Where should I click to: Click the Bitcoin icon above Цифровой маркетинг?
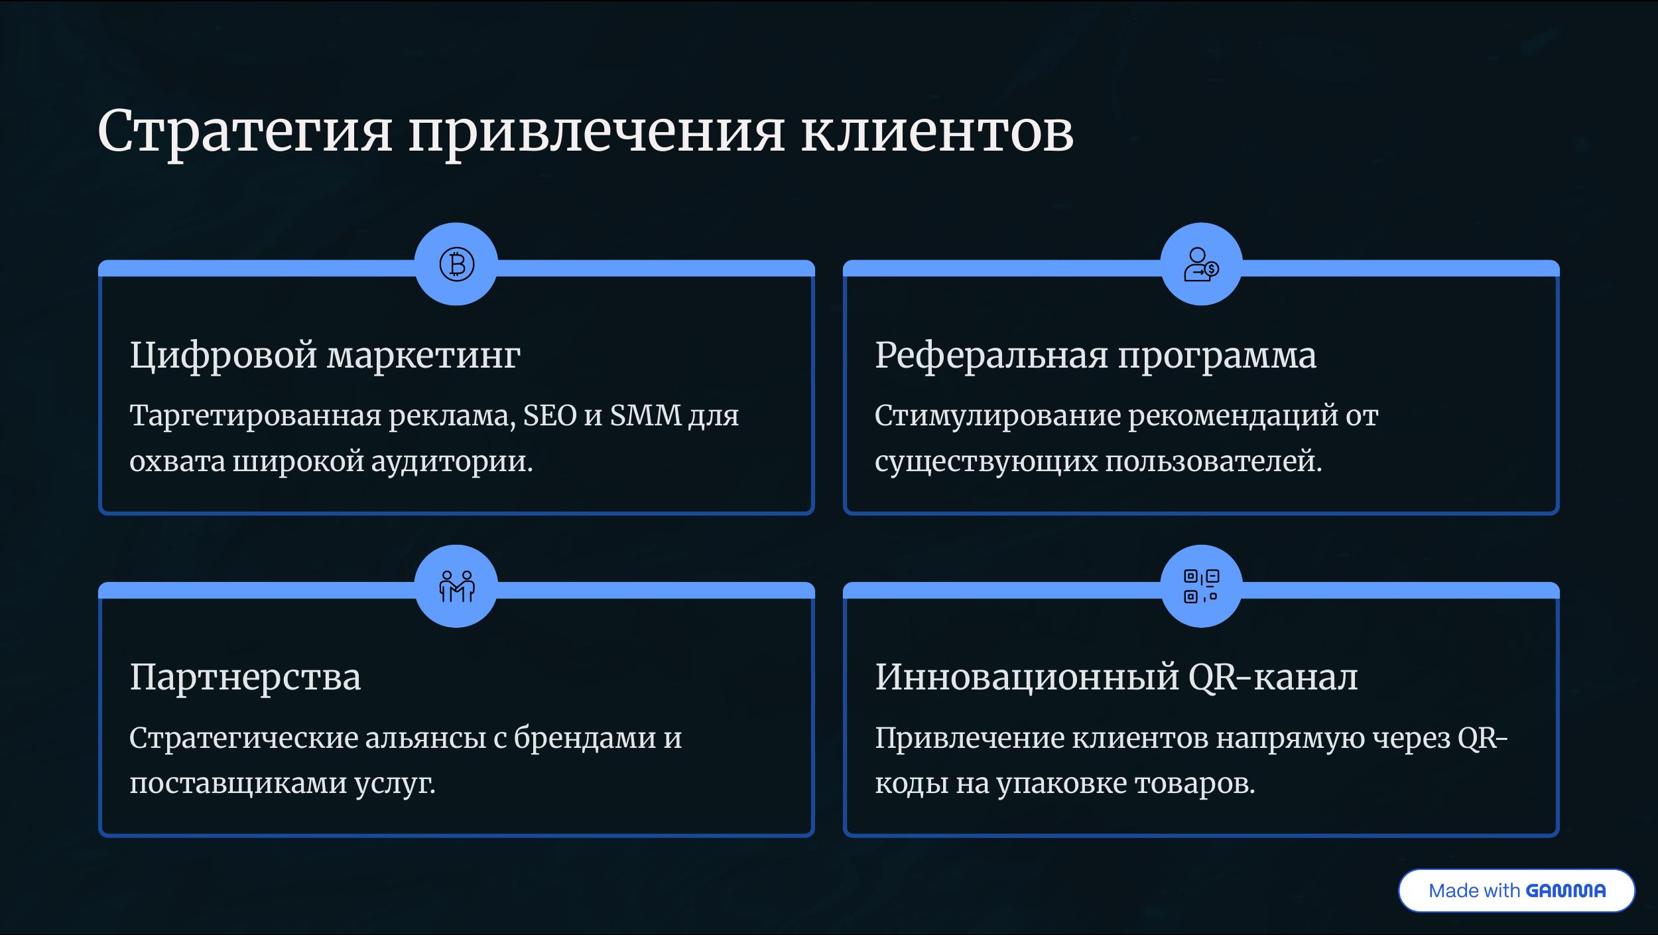click(456, 264)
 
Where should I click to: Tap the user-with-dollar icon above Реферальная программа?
click(1201, 264)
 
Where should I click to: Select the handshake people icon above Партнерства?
click(456, 586)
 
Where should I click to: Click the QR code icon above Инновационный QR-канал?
click(1201, 586)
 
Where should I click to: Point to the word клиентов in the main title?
click(938, 131)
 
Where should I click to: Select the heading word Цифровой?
click(223, 356)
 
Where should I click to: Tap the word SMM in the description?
click(645, 415)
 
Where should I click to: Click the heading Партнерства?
click(245, 678)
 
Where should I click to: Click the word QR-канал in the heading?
click(1273, 678)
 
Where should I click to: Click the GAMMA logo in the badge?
click(1566, 891)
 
